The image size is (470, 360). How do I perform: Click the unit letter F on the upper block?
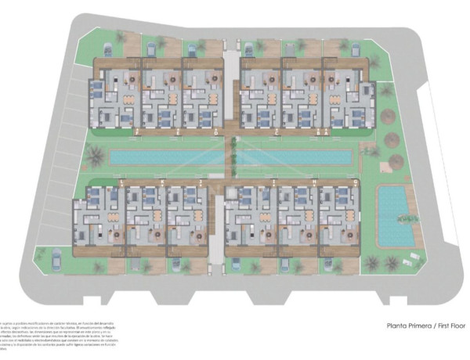point(137,134)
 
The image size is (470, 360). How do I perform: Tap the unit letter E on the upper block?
point(179,134)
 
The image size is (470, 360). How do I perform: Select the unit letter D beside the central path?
point(216,134)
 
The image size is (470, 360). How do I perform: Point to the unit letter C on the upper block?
point(278,134)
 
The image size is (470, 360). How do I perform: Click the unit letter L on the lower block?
point(122,182)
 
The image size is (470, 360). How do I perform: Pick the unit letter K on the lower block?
point(162,182)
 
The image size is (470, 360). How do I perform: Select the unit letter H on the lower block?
point(314,182)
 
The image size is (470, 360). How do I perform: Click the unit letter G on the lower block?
point(356,182)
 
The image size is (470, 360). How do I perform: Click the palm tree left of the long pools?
point(96,157)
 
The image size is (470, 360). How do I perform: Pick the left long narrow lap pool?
point(166,157)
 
